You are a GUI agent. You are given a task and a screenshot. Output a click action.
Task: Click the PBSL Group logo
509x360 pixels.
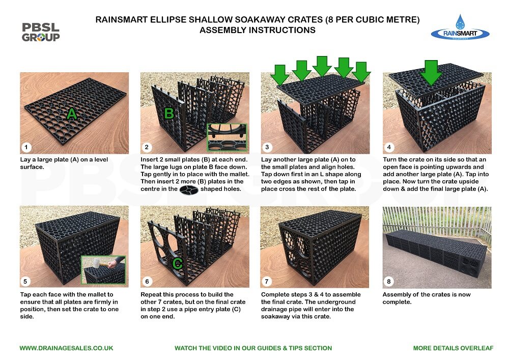[41, 32]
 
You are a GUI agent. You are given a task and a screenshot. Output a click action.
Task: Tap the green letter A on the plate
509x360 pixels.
[72, 115]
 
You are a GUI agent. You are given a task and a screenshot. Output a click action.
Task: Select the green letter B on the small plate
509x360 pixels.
[168, 113]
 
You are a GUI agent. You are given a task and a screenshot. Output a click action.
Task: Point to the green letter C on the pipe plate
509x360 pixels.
[177, 263]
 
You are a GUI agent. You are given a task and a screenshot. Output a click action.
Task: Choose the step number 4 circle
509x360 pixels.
[389, 148]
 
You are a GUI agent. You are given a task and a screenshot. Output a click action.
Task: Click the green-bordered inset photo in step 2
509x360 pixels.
[226, 137]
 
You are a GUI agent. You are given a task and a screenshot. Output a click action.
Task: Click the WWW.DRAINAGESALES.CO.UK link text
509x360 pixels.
[66, 348]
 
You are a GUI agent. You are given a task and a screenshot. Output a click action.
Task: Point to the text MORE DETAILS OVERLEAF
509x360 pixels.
[453, 348]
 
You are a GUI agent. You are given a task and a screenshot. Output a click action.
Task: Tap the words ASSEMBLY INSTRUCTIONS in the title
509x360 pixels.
[257, 30]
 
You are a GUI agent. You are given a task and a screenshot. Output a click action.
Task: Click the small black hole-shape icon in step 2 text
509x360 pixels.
[189, 190]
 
